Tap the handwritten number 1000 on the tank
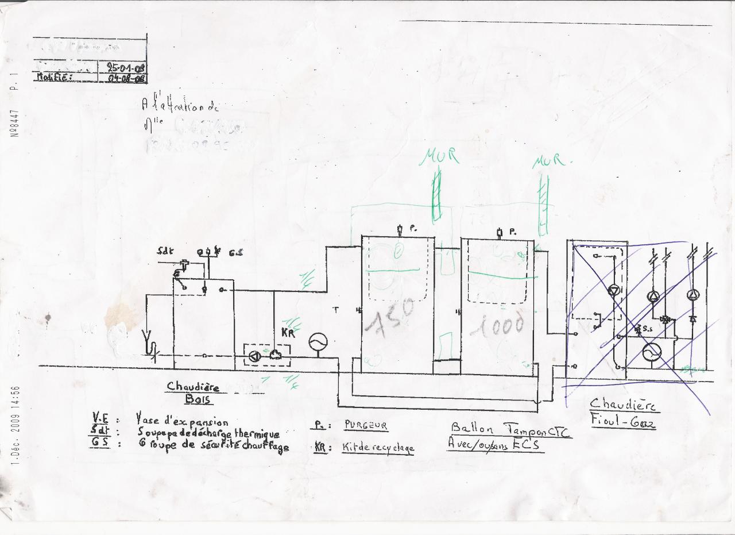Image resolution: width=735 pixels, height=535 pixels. (497, 326)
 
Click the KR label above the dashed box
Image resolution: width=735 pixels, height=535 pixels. (288, 333)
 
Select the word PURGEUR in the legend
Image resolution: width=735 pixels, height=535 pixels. (366, 426)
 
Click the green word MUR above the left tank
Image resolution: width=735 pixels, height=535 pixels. (442, 156)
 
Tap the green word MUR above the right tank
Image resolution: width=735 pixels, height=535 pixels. (548, 160)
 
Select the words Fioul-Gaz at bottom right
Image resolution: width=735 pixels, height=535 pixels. (623, 421)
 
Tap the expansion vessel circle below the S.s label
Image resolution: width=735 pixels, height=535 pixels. (652, 351)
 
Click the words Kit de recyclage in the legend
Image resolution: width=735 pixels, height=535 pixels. (378, 448)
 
